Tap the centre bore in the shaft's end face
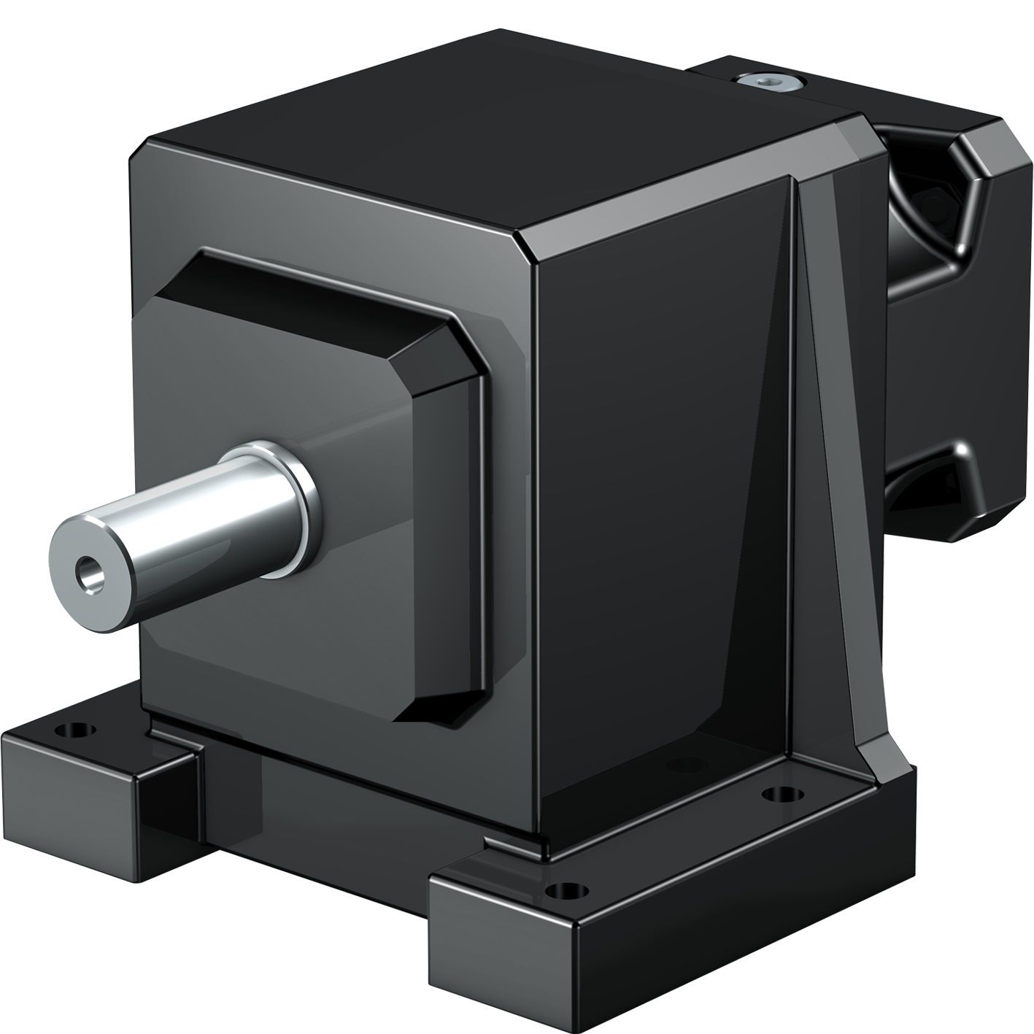tap(89, 569)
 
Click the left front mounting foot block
tap(95, 773)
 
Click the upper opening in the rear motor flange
tap(923, 212)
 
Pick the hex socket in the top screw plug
tap(768, 82)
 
